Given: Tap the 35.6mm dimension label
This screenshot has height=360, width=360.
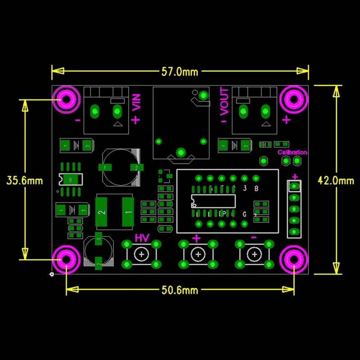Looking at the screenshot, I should tap(24, 180).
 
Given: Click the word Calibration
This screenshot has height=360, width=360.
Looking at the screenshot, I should tap(292, 153).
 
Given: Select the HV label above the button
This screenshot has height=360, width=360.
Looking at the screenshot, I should tap(142, 238).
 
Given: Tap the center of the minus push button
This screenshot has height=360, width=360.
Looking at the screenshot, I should tap(254, 255).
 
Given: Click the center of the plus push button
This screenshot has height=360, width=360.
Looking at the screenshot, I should tap(197, 255).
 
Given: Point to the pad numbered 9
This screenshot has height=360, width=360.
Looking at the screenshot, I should tap(70, 180).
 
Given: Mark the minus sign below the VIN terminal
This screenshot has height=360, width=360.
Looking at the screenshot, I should tap(78, 121).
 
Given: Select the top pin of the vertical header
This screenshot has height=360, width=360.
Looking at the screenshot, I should tap(295, 185).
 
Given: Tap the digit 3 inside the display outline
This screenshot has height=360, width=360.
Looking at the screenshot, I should tap(244, 189).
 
